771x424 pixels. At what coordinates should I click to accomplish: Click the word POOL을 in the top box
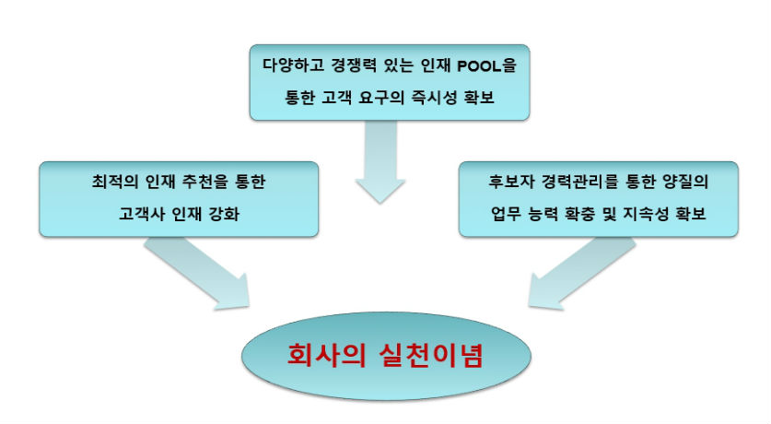point(486,65)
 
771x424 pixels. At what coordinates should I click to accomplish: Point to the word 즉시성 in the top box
point(434,98)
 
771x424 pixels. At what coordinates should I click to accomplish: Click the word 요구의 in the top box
point(381,98)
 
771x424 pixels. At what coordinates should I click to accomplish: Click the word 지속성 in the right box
point(646,214)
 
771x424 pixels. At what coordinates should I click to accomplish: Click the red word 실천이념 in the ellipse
point(431,355)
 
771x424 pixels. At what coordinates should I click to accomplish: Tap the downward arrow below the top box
point(380,162)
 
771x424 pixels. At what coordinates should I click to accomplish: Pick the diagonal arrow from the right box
point(581,275)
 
